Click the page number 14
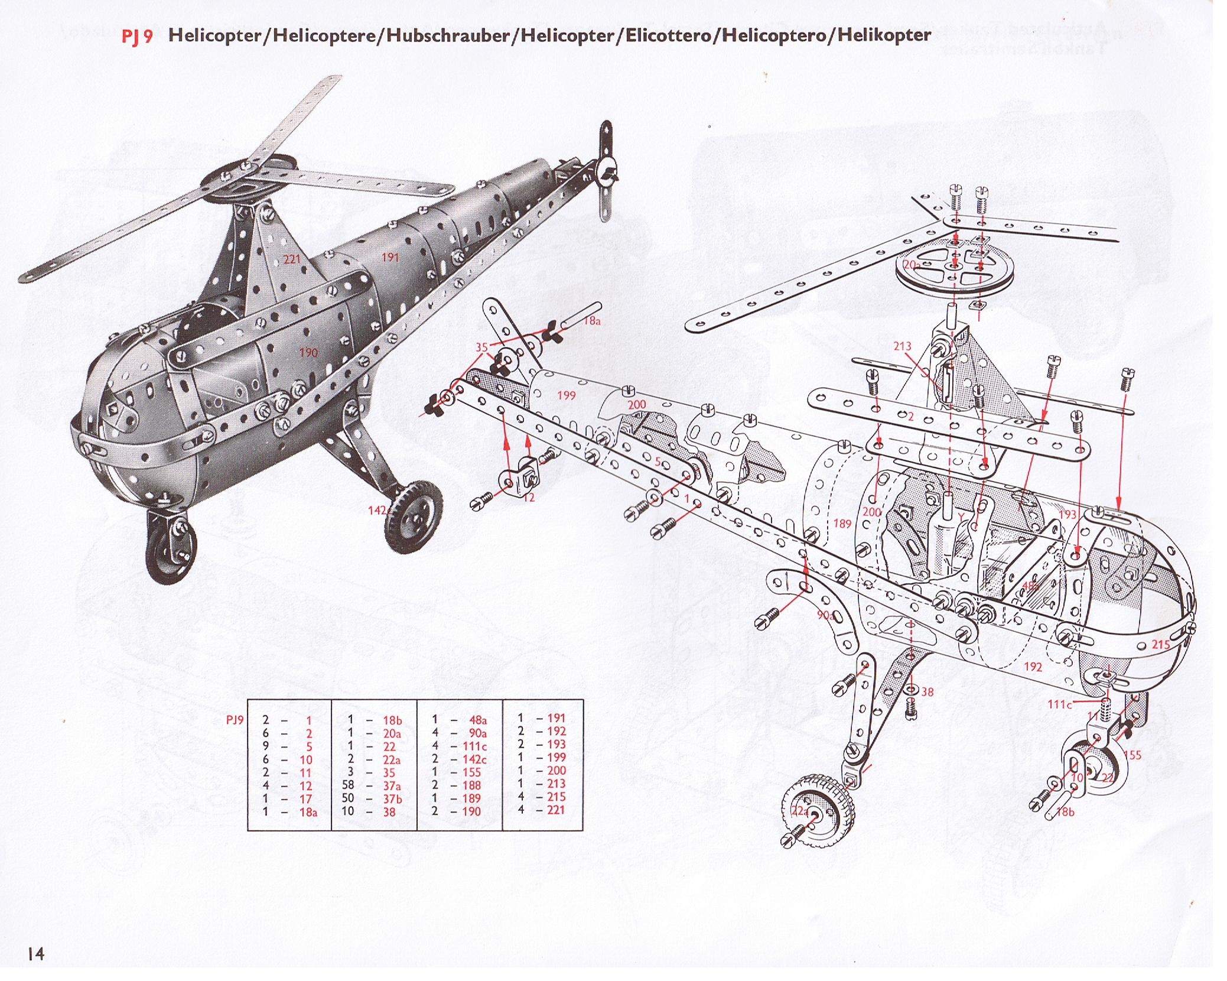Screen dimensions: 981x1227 (x=35, y=953)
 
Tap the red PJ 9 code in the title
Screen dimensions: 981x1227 (x=137, y=36)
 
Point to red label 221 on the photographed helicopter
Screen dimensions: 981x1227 (x=292, y=259)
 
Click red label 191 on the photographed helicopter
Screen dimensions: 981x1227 (x=390, y=257)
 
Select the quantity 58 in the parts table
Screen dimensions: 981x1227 (x=348, y=785)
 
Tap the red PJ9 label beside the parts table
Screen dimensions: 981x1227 (x=235, y=720)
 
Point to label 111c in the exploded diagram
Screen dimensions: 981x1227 (x=1059, y=704)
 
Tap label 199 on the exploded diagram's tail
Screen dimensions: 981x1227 (x=566, y=395)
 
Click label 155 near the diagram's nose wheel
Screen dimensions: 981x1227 (x=1132, y=755)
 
